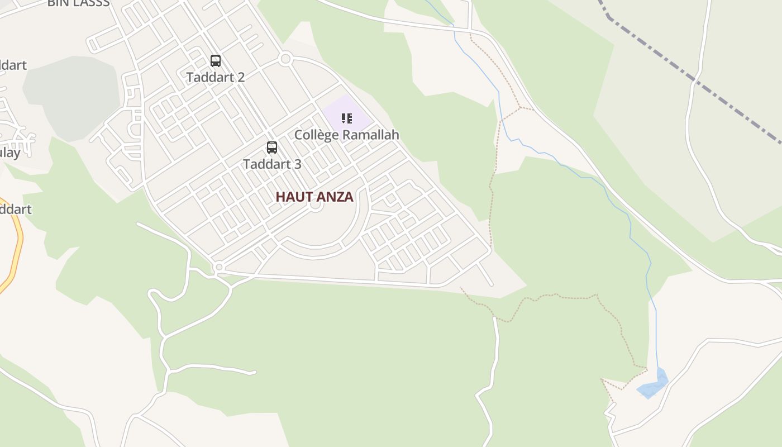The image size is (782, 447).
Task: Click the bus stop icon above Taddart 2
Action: coord(216,61)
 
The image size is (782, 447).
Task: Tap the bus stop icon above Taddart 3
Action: coord(272,148)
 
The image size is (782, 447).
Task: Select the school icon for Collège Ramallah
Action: coord(347,118)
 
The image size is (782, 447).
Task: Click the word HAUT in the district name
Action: coord(295,197)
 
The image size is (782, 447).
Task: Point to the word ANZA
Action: coord(335,197)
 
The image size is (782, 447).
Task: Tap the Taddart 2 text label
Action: coord(216,77)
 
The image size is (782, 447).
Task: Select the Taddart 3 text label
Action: coord(272,164)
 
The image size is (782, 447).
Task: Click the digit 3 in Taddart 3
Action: coord(298,164)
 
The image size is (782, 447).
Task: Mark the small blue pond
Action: coord(652,386)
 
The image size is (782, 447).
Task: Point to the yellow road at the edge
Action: coord(17,246)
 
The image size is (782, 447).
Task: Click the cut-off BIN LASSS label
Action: coord(78,3)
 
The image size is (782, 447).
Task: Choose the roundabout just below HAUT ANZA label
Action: coord(316,205)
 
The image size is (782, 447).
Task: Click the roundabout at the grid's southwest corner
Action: coord(219,268)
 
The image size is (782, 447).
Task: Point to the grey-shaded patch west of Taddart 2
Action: coord(73,98)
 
